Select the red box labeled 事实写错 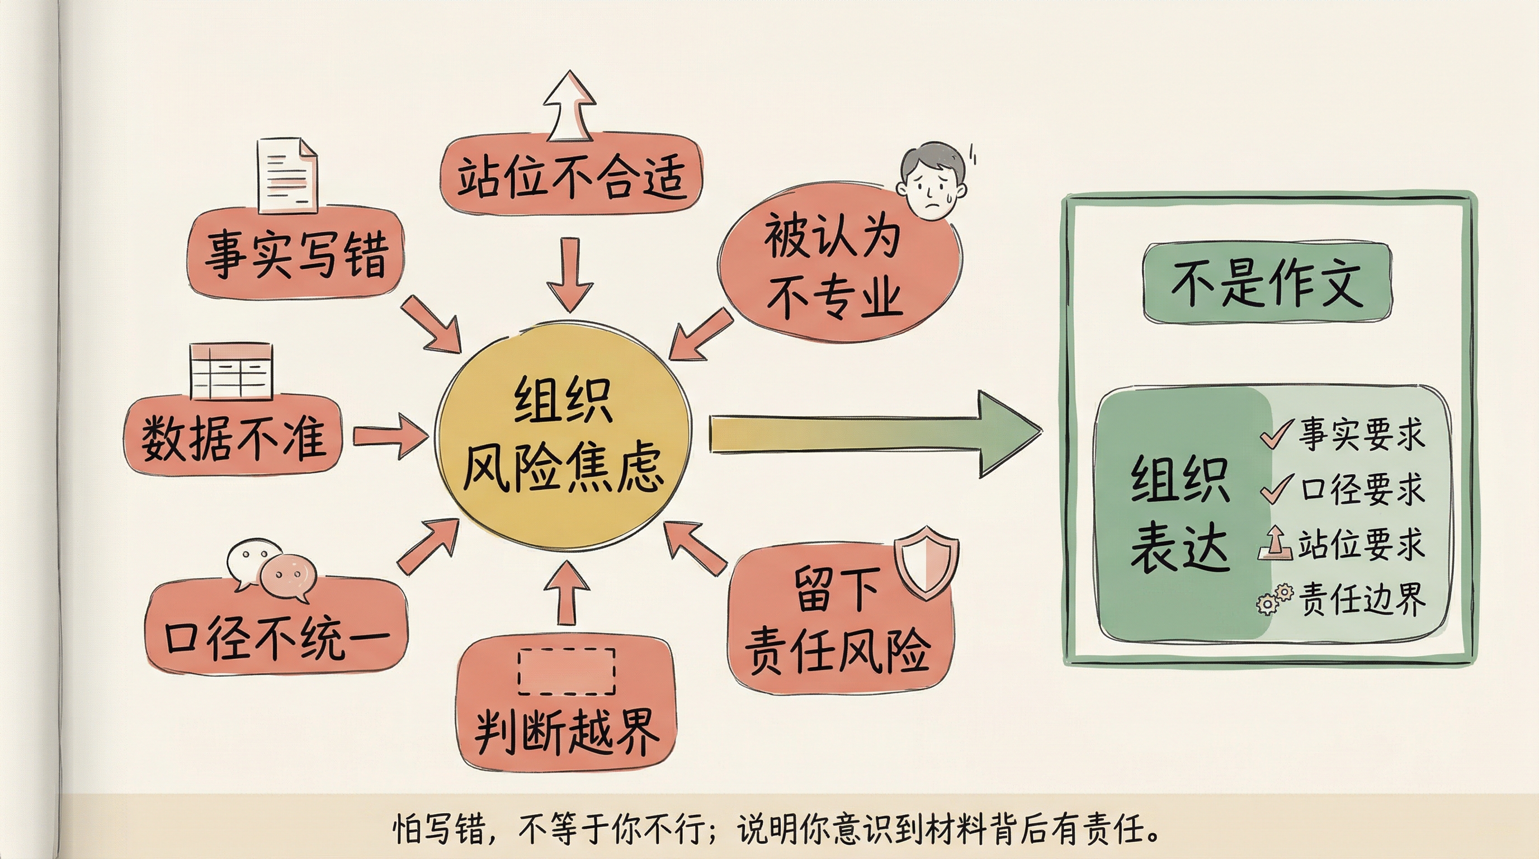[296, 254]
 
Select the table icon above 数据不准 [230, 370]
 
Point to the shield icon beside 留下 [926, 561]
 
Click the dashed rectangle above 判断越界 [566, 672]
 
